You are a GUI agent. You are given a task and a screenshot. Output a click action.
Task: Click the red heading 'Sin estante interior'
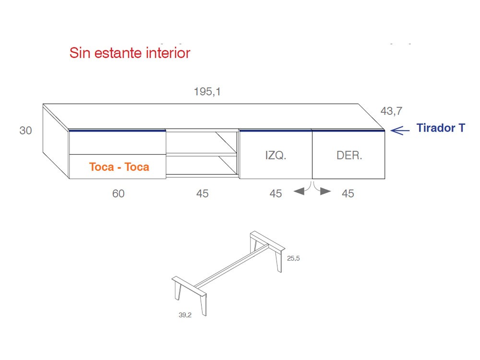[130, 53]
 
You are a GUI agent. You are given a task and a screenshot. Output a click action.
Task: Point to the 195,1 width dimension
[207, 92]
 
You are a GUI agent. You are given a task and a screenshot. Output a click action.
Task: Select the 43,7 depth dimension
[391, 111]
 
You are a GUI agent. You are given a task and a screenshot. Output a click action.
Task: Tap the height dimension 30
[25, 131]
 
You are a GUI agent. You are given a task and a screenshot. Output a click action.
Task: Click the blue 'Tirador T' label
[440, 128]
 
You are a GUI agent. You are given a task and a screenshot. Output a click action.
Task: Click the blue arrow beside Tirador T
[399, 129]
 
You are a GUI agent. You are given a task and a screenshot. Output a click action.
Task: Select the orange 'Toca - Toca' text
[119, 167]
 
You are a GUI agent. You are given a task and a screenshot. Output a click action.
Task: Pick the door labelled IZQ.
[276, 155]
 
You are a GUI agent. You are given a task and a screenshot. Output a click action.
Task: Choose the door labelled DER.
[349, 155]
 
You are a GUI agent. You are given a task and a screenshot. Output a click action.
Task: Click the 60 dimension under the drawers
[118, 193]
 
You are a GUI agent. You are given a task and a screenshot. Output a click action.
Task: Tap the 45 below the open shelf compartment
[202, 193]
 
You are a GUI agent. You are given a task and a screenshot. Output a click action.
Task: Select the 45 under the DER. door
[348, 193]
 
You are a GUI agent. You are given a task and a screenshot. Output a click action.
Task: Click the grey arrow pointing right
[325, 191]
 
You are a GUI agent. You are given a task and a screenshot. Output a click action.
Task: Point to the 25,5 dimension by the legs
[293, 258]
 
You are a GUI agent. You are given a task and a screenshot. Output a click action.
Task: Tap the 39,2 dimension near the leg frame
[185, 315]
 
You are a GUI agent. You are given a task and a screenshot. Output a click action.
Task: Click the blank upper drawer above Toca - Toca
[118, 143]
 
